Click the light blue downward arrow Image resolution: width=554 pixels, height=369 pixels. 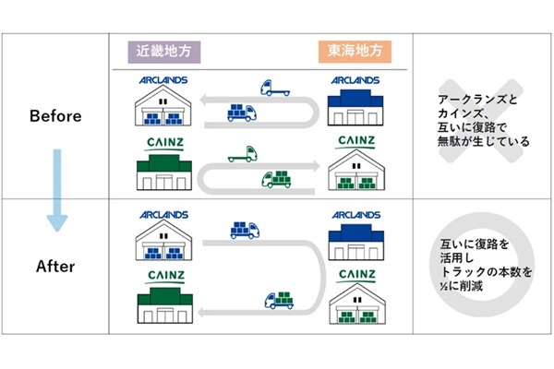point(57,189)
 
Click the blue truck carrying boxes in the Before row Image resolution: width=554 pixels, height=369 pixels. point(242,113)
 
